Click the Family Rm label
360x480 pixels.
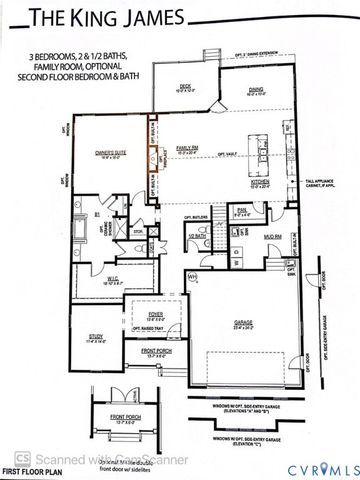187,147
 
